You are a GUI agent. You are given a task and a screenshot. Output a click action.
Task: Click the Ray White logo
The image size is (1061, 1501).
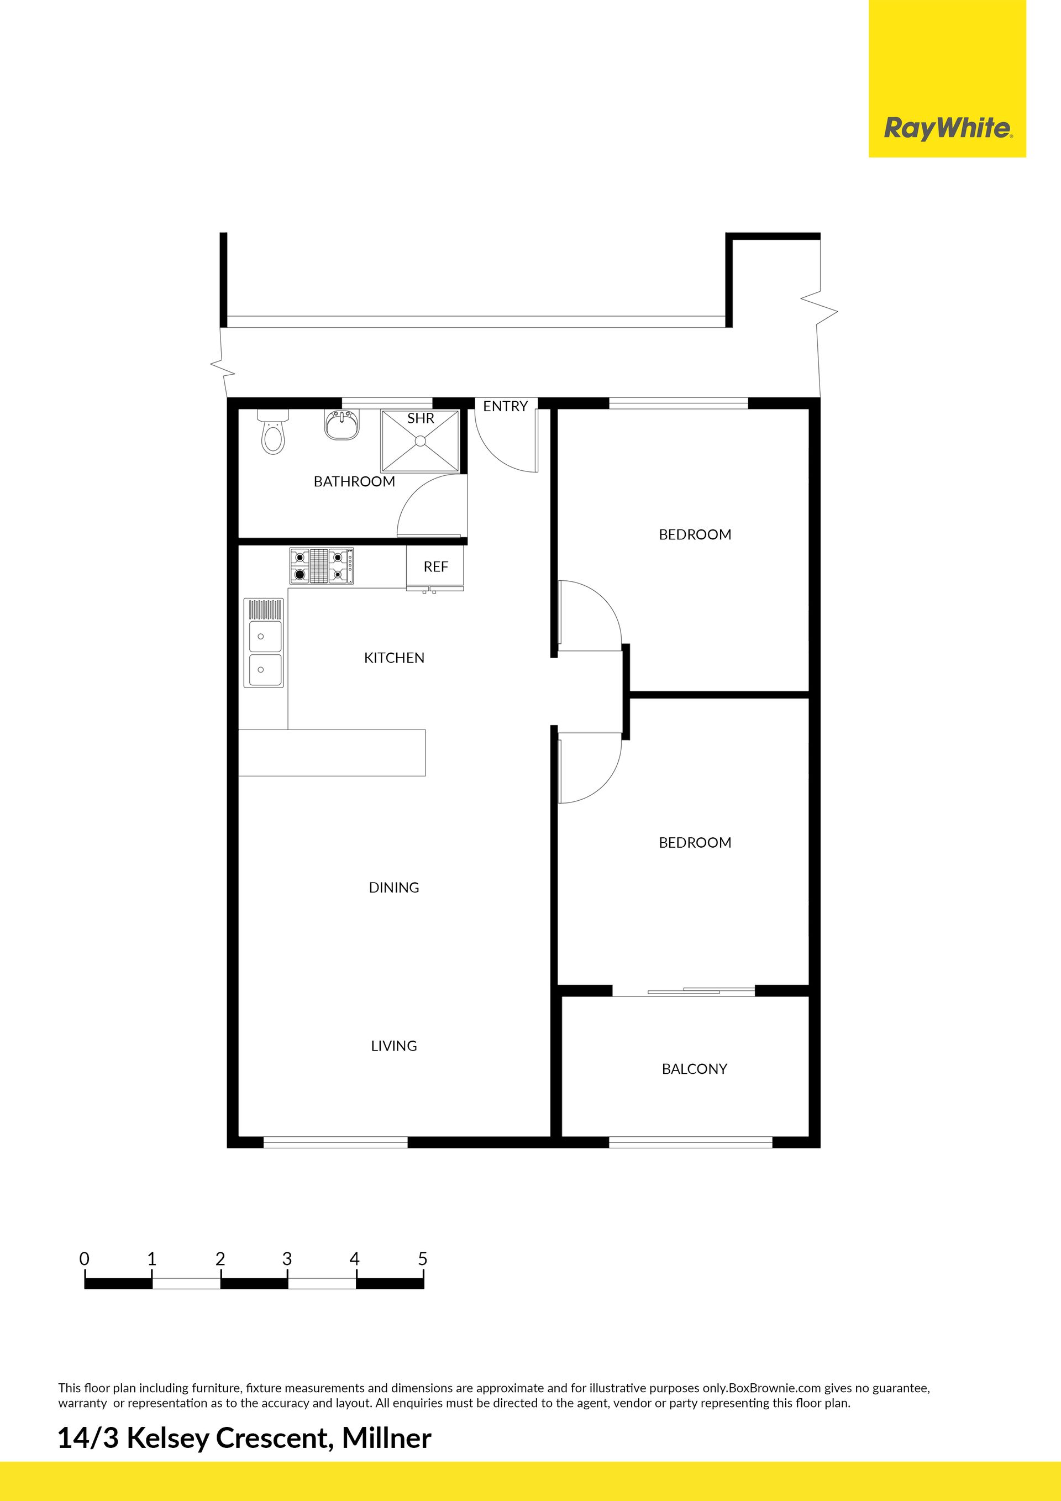click(x=947, y=78)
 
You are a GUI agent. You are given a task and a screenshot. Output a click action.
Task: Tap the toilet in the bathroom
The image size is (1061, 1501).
click(x=272, y=432)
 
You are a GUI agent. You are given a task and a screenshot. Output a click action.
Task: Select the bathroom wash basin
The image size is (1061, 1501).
click(x=342, y=425)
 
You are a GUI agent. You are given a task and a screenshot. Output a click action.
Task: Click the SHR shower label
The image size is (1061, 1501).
click(x=421, y=418)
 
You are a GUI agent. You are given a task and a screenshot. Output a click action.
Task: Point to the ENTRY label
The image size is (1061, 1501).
click(x=505, y=406)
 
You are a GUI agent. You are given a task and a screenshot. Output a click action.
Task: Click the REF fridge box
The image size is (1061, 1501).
click(x=435, y=568)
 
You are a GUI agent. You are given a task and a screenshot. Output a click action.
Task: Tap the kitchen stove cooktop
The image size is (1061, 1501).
click(x=322, y=565)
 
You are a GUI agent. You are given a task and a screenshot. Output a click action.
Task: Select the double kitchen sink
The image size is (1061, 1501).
click(x=264, y=643)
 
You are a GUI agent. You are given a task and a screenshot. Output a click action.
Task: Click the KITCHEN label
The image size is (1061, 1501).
click(x=394, y=658)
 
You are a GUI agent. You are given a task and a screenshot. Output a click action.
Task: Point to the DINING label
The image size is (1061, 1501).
click(x=394, y=887)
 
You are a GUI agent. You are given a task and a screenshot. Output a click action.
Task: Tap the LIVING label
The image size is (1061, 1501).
click(x=394, y=1046)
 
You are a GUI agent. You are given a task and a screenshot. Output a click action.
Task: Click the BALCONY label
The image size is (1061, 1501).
click(x=694, y=1068)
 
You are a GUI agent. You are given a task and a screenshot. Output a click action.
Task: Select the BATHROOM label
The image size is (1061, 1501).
click(x=354, y=481)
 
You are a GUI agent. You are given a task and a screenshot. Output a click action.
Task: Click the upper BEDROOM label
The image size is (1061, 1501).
click(x=695, y=534)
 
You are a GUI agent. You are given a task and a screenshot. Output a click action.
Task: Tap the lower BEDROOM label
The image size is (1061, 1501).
click(x=695, y=842)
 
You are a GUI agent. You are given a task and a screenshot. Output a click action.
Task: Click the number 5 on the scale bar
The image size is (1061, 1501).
click(x=423, y=1258)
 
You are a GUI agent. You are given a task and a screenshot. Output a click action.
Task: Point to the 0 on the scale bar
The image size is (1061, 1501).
click(x=85, y=1258)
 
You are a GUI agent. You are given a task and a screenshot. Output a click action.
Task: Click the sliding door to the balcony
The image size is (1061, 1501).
click(x=684, y=991)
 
